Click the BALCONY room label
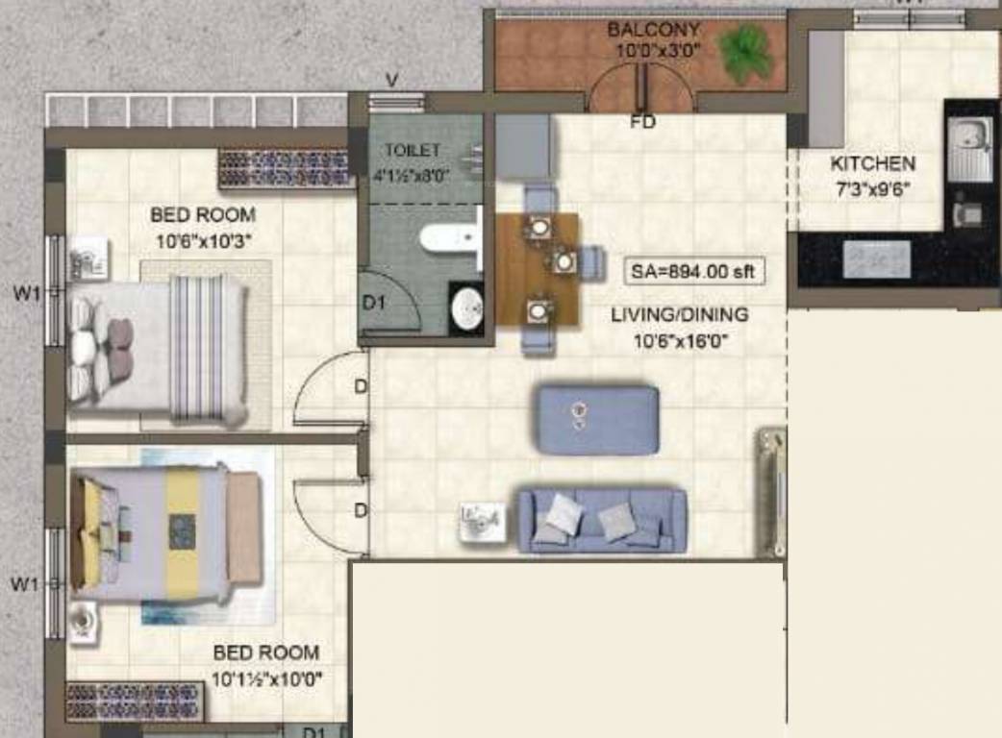click(x=653, y=30)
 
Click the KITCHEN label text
click(x=872, y=163)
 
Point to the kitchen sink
click(x=968, y=148)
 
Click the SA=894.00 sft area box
click(x=693, y=272)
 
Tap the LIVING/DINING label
click(x=679, y=314)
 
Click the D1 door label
click(x=373, y=302)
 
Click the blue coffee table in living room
click(x=596, y=419)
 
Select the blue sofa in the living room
click(x=602, y=520)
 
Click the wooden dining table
click(x=538, y=267)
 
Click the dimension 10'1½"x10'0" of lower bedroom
click(x=266, y=679)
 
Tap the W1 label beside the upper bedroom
click(x=27, y=295)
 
